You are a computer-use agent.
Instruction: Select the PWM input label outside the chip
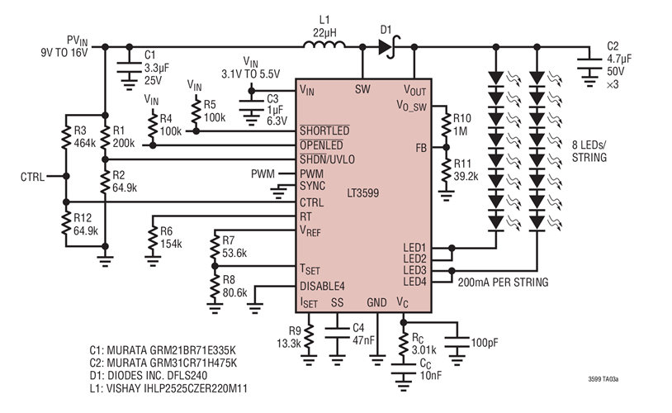click(x=264, y=174)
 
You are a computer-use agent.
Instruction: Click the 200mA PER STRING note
click(x=503, y=282)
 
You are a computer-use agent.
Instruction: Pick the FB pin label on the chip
click(x=421, y=148)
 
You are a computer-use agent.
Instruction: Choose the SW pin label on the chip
click(x=362, y=88)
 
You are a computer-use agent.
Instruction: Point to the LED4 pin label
click(x=414, y=282)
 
